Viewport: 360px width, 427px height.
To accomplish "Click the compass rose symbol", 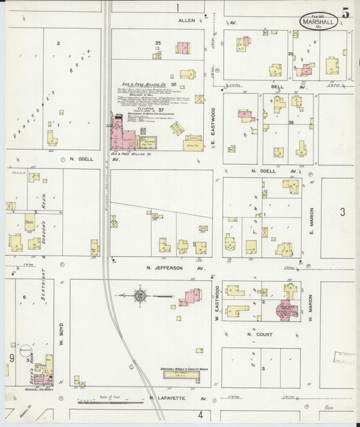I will tap(140, 295).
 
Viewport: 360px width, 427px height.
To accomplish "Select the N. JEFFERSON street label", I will tap(169, 268).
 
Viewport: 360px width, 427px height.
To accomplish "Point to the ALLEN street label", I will tap(186, 21).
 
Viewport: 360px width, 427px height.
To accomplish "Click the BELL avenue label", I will tap(278, 87).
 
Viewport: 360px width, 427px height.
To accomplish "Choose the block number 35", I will tap(158, 44).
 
